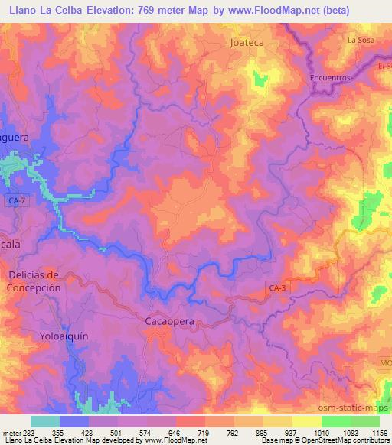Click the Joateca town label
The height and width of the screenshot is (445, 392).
(247, 43)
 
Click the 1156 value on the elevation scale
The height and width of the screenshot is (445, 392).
(379, 433)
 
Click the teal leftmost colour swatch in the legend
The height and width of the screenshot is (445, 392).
(44, 421)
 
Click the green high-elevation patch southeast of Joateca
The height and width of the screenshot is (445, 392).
(259, 80)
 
